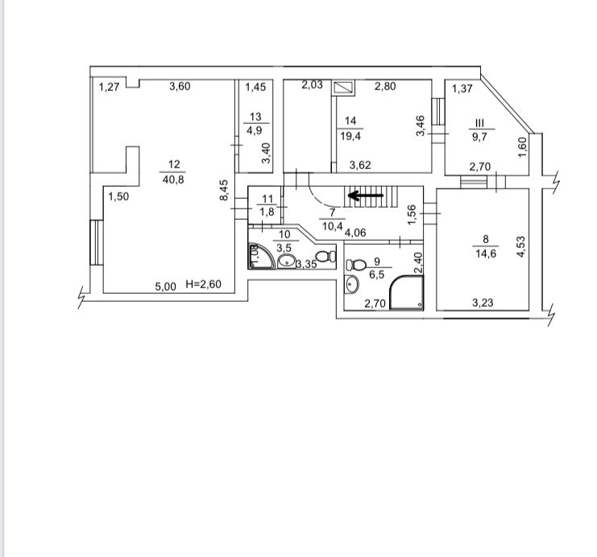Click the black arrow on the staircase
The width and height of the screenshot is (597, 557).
click(366, 196)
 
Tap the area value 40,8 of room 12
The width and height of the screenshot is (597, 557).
click(173, 179)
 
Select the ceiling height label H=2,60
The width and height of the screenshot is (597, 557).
click(203, 284)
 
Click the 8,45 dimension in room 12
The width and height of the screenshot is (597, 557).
click(224, 190)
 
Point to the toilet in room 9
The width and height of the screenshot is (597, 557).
click(355, 264)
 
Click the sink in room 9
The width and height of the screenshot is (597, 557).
click(352, 285)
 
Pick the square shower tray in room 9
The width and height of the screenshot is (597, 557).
click(407, 293)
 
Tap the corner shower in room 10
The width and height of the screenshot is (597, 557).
click(261, 257)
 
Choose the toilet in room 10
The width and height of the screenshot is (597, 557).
click(326, 257)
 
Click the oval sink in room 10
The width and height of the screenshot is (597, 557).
click(286, 262)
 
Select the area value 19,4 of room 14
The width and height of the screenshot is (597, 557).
click(350, 136)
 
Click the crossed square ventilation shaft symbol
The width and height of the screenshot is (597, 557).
click(344, 88)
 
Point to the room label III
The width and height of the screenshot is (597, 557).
click(479, 123)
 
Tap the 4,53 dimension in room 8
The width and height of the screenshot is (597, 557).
click(520, 246)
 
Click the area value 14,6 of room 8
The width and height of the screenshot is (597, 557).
click(486, 254)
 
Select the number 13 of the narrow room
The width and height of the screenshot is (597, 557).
click(255, 117)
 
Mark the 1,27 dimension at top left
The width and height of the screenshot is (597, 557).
click(110, 87)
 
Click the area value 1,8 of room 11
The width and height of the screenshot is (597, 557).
click(267, 212)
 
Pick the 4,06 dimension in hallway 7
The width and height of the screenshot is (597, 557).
click(355, 233)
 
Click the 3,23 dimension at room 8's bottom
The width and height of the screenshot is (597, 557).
click(483, 303)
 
